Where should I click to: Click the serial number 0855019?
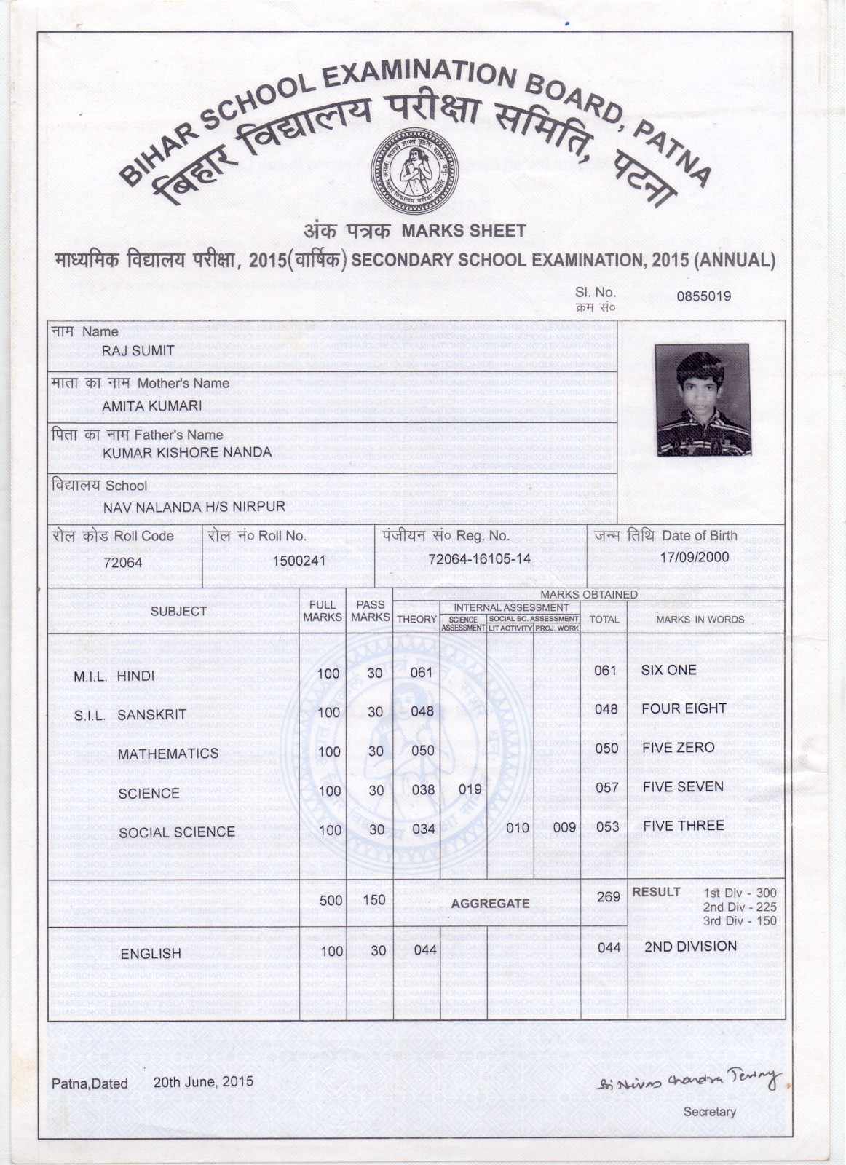703,296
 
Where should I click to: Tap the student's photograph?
703,400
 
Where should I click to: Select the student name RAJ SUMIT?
138,351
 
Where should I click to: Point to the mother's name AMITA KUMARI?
151,406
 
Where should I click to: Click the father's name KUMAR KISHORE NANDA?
187,452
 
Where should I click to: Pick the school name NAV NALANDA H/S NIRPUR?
194,507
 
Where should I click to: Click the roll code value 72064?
123,563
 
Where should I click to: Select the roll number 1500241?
299,561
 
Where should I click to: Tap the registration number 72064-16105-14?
479,559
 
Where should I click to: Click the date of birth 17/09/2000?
694,558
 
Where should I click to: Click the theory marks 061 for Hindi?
422,673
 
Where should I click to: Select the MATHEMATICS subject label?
167,754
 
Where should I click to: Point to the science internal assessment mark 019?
470,789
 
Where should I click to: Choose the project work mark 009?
564,828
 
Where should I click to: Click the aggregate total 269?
608,897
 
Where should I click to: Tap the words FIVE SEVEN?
682,787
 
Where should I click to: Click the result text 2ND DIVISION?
690,947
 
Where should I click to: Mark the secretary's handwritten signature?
687,1079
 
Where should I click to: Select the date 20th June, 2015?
203,1082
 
